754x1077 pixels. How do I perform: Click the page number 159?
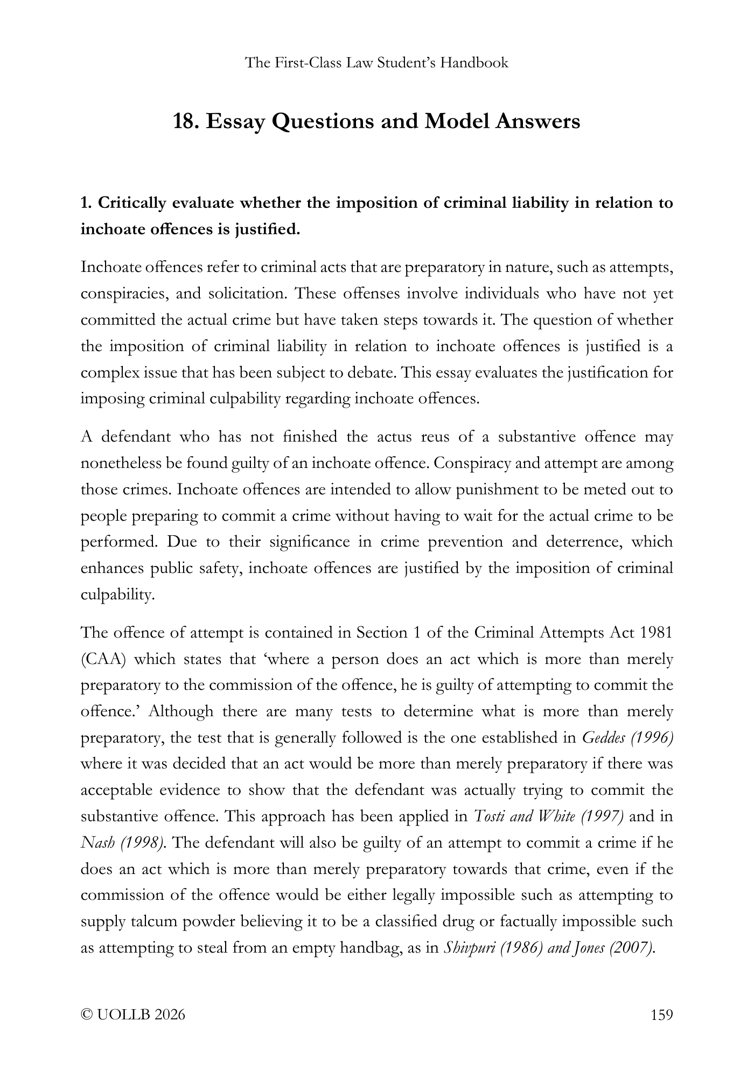pos(662,1015)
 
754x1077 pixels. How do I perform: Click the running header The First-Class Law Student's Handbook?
pos(376,63)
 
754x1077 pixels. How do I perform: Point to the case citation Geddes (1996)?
pos(628,738)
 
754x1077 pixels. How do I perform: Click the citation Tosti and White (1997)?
pos(549,816)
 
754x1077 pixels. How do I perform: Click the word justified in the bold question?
pos(266,230)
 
